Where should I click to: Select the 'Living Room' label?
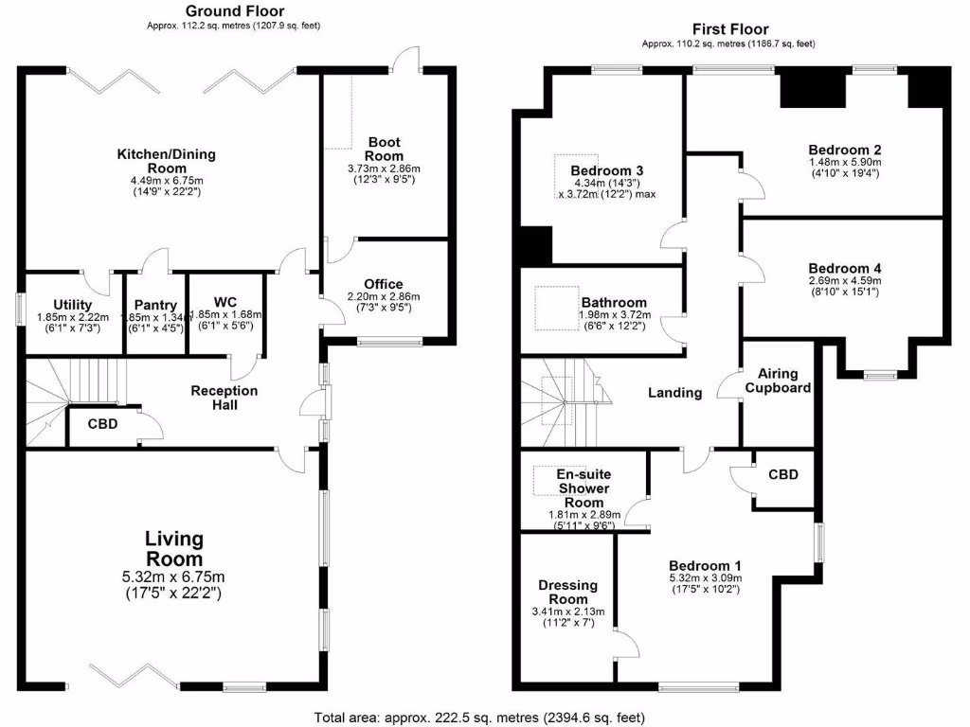point(174,549)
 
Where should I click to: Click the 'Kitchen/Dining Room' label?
point(167,161)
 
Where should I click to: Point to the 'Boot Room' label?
point(384,150)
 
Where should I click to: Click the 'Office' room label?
point(383,284)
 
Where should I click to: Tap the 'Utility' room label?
point(72,304)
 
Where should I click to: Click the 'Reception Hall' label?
point(225,398)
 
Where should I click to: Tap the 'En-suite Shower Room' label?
point(583,488)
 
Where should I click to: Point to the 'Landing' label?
point(675,392)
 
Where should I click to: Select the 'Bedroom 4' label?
point(845,269)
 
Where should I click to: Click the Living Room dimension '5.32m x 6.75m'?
point(174,576)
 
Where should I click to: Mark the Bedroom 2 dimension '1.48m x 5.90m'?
point(845,162)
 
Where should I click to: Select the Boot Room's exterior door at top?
point(409,60)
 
